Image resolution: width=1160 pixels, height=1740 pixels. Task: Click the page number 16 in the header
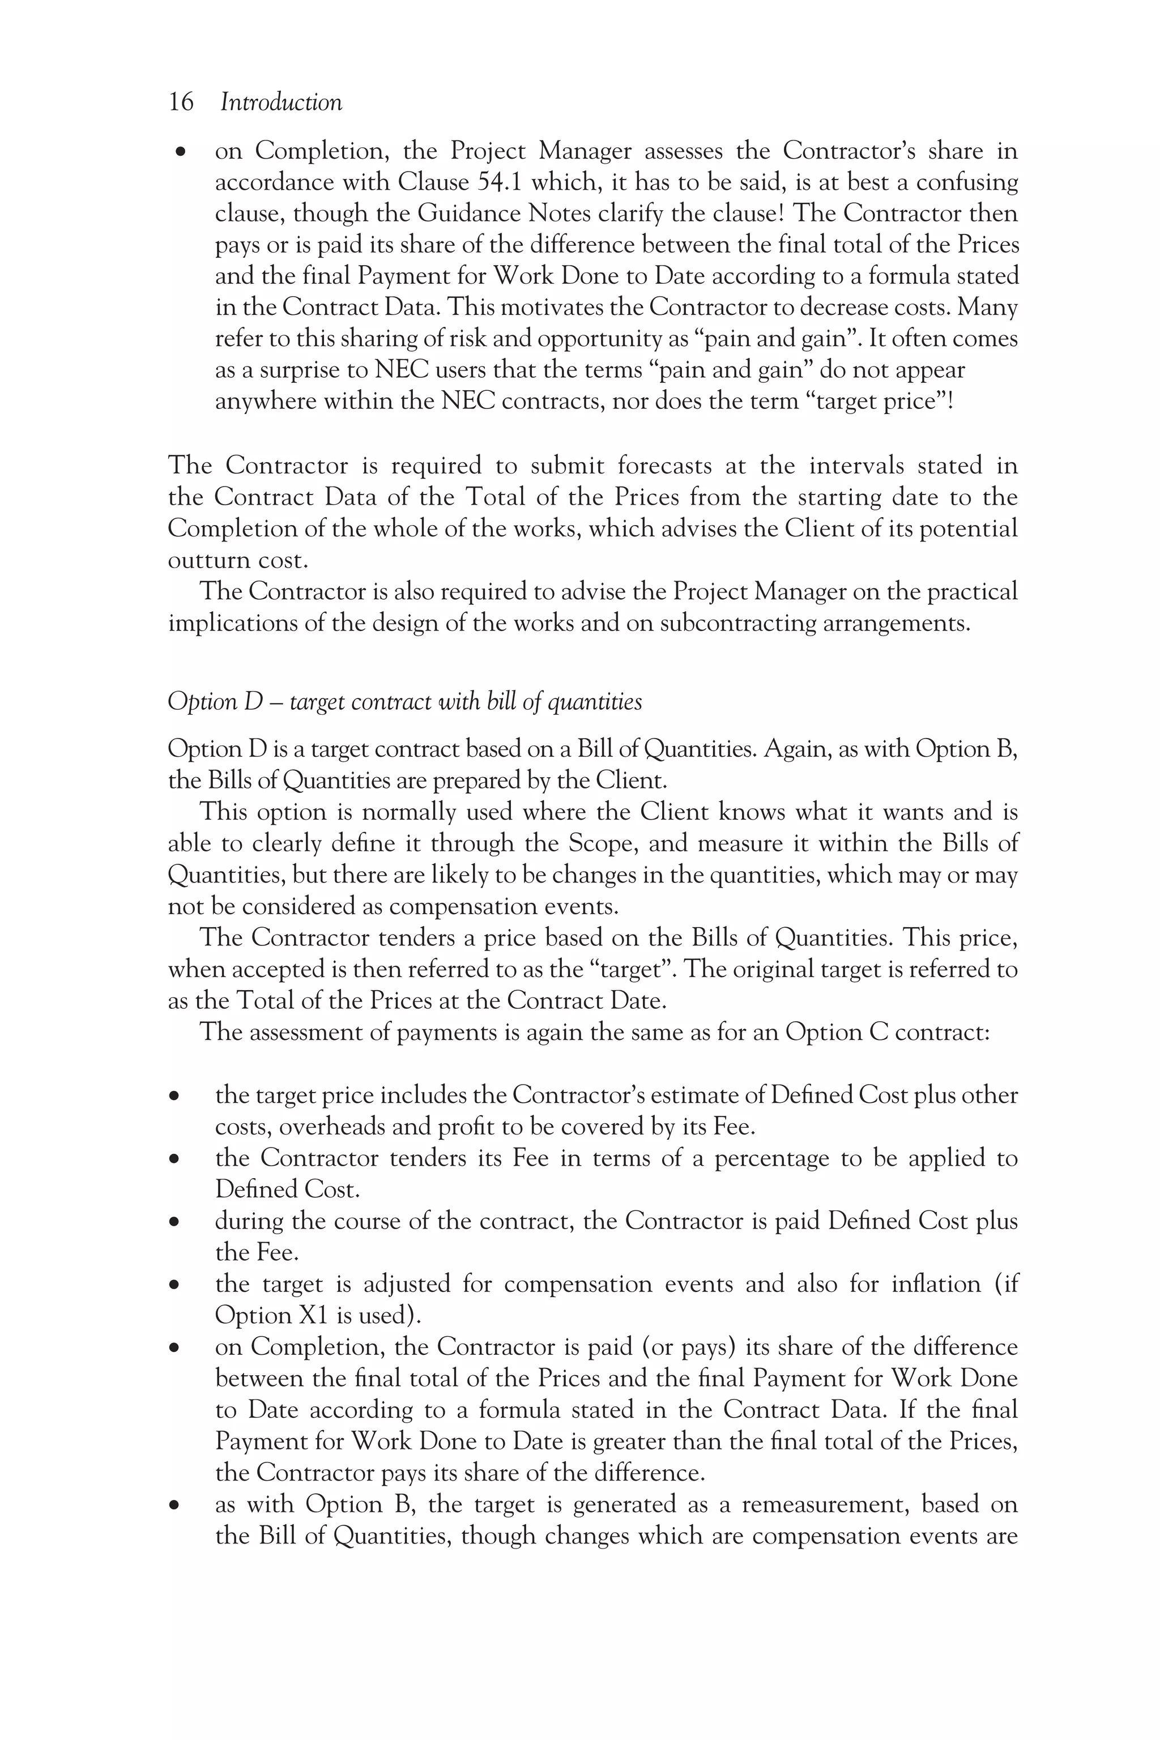pos(181,102)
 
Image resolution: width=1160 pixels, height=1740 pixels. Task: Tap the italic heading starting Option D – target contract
pos(404,701)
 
